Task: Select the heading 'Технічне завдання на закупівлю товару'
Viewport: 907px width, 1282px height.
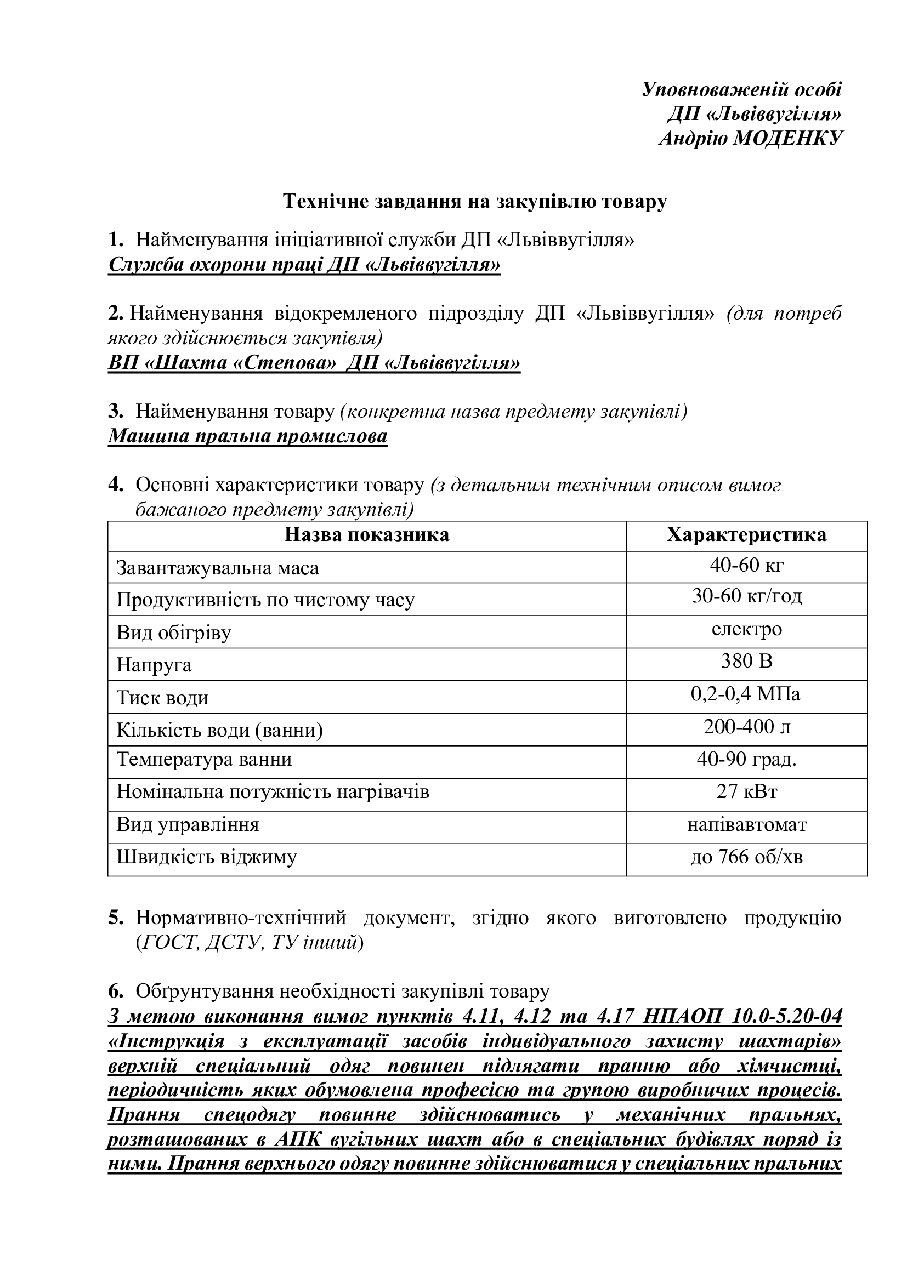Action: click(475, 202)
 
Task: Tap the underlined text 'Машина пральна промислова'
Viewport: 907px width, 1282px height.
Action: click(247, 436)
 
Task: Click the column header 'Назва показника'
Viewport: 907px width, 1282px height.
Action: click(366, 535)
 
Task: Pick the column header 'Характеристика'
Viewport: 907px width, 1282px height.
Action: click(746, 535)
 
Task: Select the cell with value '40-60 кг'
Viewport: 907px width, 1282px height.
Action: click(746, 566)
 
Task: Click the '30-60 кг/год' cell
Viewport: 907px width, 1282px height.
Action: click(746, 597)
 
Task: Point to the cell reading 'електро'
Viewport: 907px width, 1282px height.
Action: click(746, 629)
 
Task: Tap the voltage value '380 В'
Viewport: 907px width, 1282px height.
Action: click(746, 662)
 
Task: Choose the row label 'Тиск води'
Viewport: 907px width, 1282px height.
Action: click(162, 698)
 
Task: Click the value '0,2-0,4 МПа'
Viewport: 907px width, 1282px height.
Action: click(746, 694)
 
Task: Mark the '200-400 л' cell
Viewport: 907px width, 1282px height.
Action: click(746, 726)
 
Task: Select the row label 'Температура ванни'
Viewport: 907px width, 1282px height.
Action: click(204, 760)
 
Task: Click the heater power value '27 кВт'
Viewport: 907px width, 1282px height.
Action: click(746, 792)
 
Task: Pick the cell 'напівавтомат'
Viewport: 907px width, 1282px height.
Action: click(746, 825)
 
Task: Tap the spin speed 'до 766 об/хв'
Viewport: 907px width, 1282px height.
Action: click(746, 857)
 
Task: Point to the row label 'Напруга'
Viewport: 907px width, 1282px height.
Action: click(154, 665)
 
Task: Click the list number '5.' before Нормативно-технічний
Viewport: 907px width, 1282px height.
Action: click(116, 919)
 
